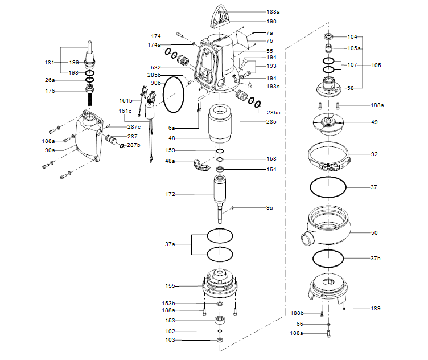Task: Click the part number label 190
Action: pyautogui.click(x=271, y=21)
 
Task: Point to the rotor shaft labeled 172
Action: pyautogui.click(x=220, y=196)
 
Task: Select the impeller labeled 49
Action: pyautogui.click(x=328, y=123)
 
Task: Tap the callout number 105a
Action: pyautogui.click(x=354, y=48)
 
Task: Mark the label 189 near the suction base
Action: pyautogui.click(x=375, y=308)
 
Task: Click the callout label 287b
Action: pyautogui.click(x=133, y=145)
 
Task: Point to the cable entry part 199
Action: pyautogui.click(x=90, y=62)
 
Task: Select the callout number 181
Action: pyautogui.click(x=50, y=62)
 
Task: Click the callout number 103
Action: pyautogui.click(x=170, y=340)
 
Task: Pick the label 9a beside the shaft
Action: pyautogui.click(x=269, y=208)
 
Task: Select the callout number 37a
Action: pyautogui.click(x=170, y=244)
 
